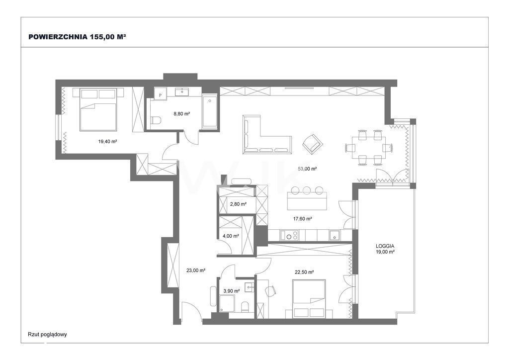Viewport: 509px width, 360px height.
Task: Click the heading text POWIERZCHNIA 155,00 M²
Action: point(77,37)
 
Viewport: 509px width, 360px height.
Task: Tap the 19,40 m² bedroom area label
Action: point(107,141)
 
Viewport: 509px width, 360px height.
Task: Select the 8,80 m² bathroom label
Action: point(182,113)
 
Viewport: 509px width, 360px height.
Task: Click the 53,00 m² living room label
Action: point(307,169)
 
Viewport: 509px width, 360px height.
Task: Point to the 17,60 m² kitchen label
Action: point(303,219)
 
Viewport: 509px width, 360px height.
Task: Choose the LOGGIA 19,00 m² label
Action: point(385,249)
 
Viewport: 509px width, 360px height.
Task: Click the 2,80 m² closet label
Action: point(238,204)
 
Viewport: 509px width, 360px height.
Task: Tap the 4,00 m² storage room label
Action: point(231,236)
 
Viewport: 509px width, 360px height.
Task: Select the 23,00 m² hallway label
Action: point(196,270)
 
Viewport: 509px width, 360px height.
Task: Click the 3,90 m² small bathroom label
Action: point(232,291)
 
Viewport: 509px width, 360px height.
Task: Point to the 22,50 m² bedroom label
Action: point(304,272)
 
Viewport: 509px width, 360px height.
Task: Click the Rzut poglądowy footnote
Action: point(47,334)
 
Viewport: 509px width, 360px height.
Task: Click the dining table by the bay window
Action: point(369,147)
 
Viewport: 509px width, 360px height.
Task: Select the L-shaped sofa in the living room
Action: point(266,134)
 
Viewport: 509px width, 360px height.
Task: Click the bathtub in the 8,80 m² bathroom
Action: point(210,111)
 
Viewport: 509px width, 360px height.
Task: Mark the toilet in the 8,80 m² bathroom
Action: point(156,120)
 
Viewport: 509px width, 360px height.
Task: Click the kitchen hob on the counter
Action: point(289,235)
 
